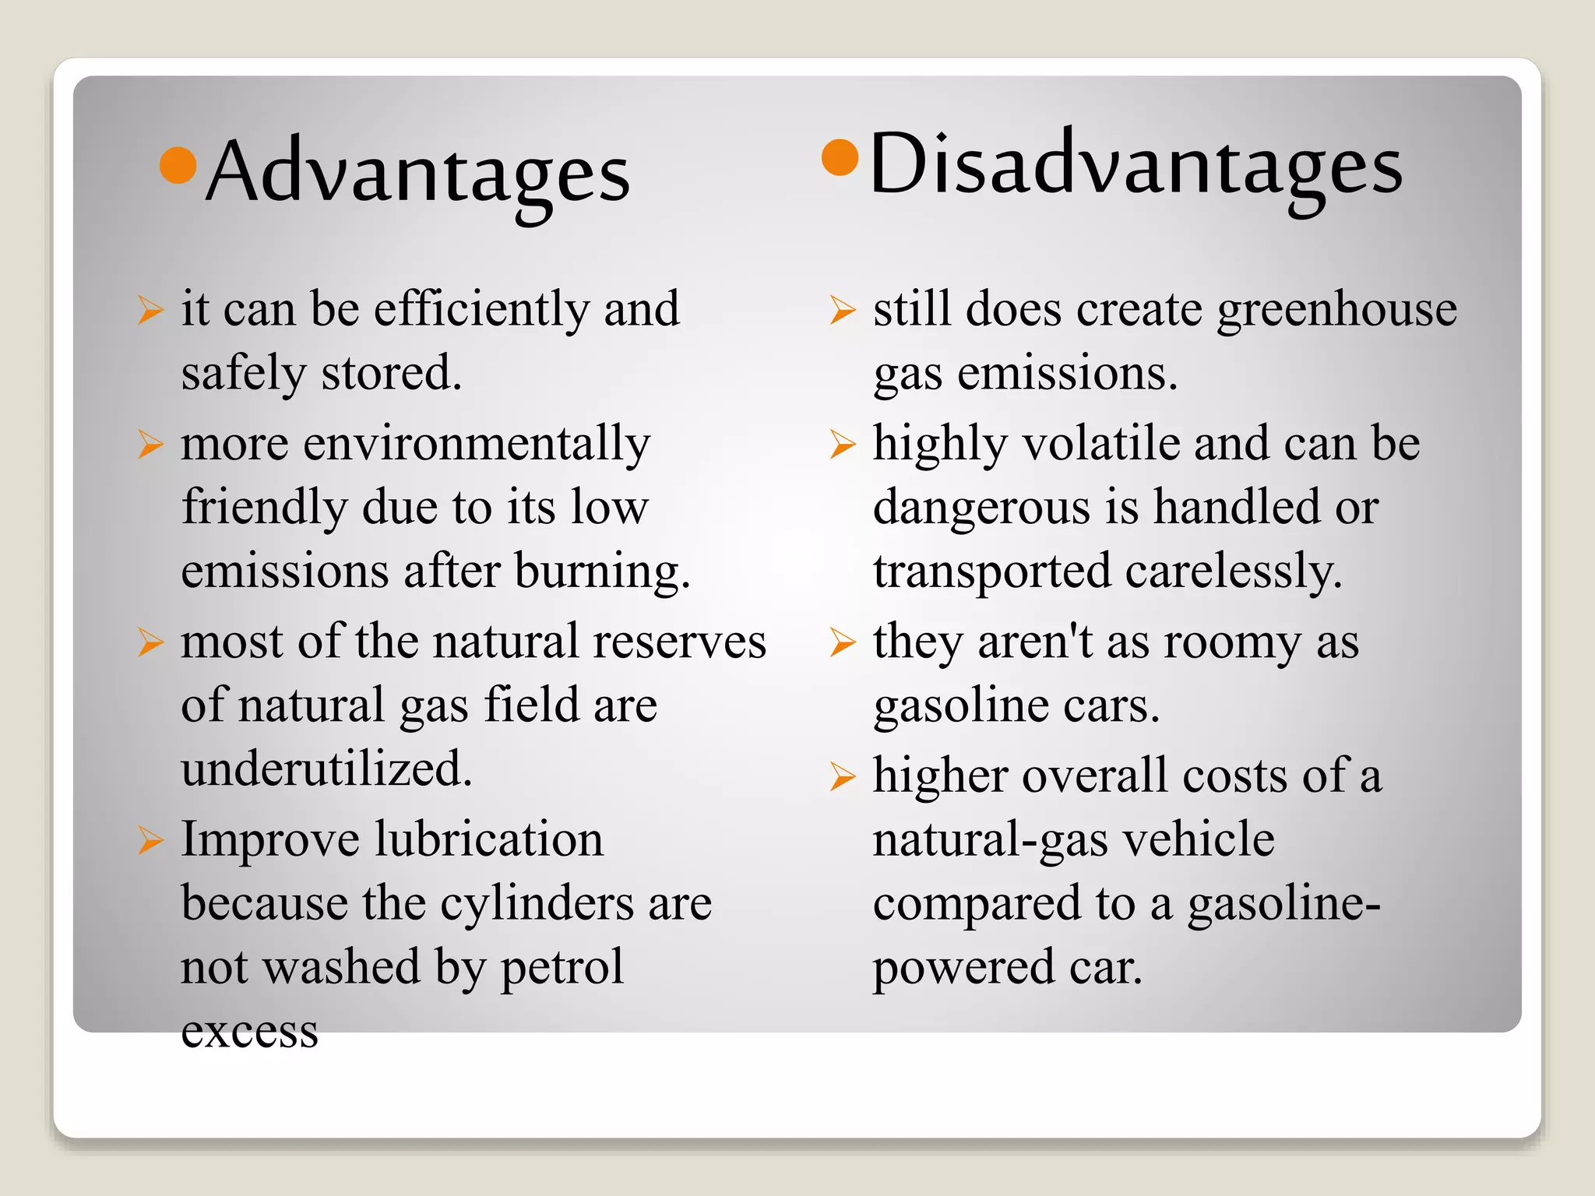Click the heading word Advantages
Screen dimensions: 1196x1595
tap(417, 174)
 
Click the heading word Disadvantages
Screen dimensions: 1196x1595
tap(1136, 166)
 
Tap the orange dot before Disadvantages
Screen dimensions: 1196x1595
tap(840, 158)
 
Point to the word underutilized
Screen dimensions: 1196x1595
tap(326, 769)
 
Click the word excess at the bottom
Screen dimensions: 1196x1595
tap(249, 1032)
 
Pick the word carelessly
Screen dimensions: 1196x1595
tap(1234, 572)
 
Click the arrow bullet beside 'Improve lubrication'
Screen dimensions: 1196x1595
tap(150, 841)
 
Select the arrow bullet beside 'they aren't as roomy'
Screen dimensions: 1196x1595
tap(843, 643)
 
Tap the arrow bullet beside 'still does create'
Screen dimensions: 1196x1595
tap(843, 310)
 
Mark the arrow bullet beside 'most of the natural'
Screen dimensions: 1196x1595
tap(150, 642)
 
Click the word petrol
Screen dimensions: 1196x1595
tap(562, 968)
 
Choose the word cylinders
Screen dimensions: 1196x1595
tap(537, 904)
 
